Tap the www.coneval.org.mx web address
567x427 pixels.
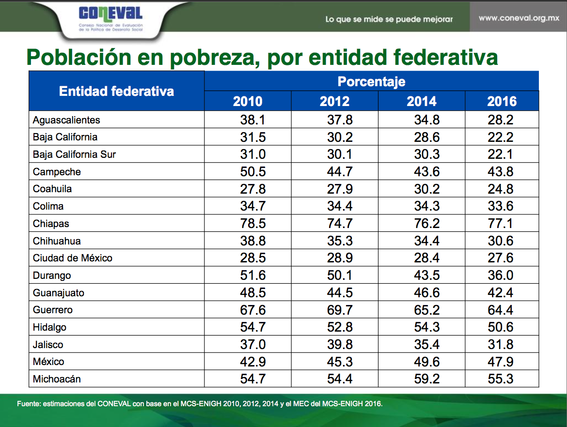tap(519, 18)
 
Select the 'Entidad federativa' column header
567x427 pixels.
tap(116, 91)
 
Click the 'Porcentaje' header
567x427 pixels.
tap(371, 81)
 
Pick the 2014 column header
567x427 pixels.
tap(421, 101)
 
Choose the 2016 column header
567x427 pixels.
tap(502, 101)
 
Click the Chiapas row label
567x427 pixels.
tap(51, 224)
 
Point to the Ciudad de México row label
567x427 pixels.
tap(72, 258)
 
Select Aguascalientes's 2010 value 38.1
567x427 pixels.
tap(252, 120)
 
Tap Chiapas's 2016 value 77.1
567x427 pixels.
tap(501, 224)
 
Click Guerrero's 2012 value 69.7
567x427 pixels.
tap(340, 310)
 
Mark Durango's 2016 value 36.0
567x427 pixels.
tap(501, 275)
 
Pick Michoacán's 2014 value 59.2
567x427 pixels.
tap(426, 379)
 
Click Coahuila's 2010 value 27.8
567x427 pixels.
tap(252, 189)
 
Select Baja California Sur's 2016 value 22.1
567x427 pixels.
tap(501, 154)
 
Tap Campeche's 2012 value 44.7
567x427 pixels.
tap(340, 172)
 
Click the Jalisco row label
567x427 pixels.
tap(48, 345)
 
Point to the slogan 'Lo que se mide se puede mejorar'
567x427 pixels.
tap(389, 19)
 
